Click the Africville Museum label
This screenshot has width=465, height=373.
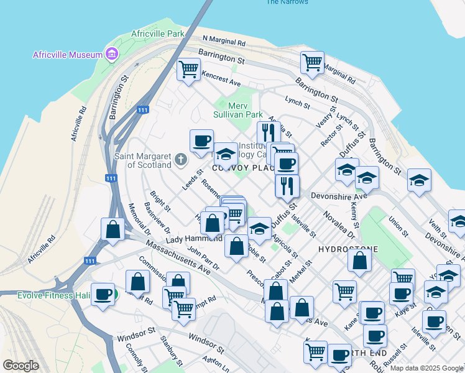point(67,55)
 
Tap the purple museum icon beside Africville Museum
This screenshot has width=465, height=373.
point(112,54)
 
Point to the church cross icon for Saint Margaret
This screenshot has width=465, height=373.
point(180,160)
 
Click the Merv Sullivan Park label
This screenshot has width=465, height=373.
point(237,110)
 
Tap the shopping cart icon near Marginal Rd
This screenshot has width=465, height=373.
point(312,62)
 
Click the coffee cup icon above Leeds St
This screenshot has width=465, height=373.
point(201,141)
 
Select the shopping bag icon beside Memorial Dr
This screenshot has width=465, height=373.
point(113,229)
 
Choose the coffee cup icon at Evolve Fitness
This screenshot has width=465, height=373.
point(103,293)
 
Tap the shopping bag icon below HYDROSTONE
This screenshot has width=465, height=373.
point(360,260)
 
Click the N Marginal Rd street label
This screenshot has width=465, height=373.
point(224,42)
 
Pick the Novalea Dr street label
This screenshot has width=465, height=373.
point(338,225)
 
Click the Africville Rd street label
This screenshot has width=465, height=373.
point(77,122)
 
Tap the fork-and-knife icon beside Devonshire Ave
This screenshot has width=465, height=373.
point(287,186)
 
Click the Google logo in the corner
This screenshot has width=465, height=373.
point(21,366)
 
